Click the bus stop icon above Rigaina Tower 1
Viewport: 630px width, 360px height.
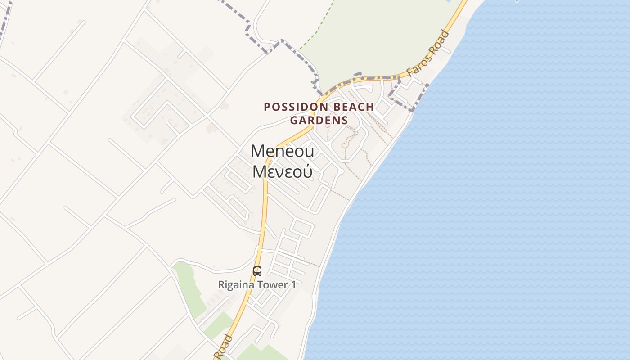pyautogui.click(x=257, y=271)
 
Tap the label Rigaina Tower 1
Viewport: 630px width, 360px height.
pyautogui.click(x=257, y=285)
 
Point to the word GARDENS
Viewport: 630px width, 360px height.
pyautogui.click(x=319, y=120)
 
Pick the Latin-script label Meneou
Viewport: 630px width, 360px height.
pyautogui.click(x=282, y=151)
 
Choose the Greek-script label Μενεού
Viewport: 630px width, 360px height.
pyautogui.click(x=282, y=171)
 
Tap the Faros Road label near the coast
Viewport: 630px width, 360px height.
pyautogui.click(x=428, y=53)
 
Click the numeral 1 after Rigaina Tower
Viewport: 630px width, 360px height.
pyautogui.click(x=293, y=285)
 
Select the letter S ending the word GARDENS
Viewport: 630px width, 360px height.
pyautogui.click(x=345, y=120)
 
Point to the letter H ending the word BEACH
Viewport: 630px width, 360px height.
pyautogui.click(x=370, y=107)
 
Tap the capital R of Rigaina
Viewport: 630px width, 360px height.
pyautogui.click(x=221, y=285)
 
